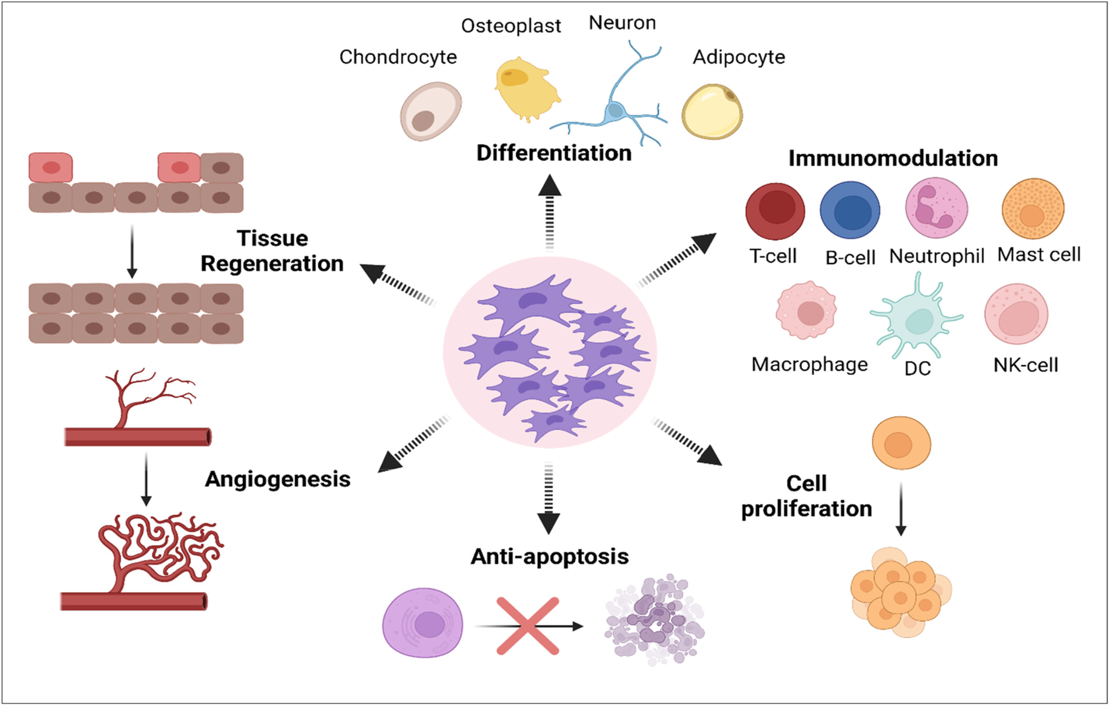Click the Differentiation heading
pyautogui.click(x=553, y=153)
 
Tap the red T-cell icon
pyautogui.click(x=775, y=211)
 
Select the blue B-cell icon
pyautogui.click(x=850, y=210)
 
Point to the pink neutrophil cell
pyautogui.click(x=936, y=208)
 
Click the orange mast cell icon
pyautogui.click(x=1033, y=209)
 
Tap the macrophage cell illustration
pyautogui.click(x=806, y=310)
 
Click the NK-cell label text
pyautogui.click(x=1026, y=365)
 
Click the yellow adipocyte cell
pyautogui.click(x=712, y=111)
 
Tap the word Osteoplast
pyautogui.click(x=511, y=26)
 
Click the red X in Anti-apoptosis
pyautogui.click(x=527, y=625)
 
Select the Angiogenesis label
pyautogui.click(x=278, y=479)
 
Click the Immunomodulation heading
pyautogui.click(x=893, y=158)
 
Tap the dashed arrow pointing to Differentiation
pyautogui.click(x=549, y=215)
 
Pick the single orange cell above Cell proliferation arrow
pyautogui.click(x=901, y=443)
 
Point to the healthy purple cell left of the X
pyautogui.click(x=423, y=622)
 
